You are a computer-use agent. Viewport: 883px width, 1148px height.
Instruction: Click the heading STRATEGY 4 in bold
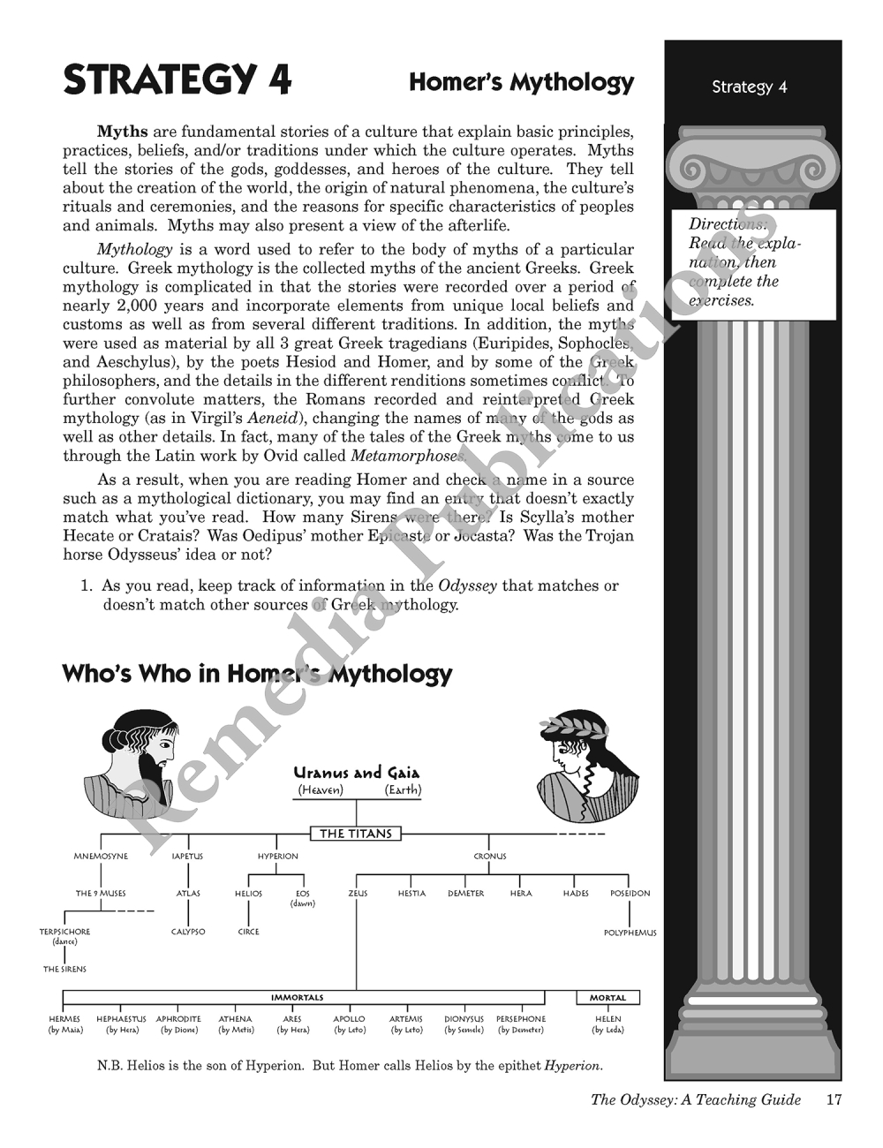pos(177,80)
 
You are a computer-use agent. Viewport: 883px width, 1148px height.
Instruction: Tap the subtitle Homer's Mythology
pos(521,83)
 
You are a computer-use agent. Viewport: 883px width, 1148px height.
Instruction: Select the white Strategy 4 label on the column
pos(749,87)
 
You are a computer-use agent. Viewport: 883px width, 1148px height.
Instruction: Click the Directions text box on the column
pos(753,263)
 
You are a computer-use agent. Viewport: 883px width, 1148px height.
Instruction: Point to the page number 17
pos(834,1099)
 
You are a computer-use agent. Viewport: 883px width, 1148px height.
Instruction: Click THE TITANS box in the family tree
pos(356,833)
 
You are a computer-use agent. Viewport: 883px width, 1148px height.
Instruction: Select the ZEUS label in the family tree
pos(358,894)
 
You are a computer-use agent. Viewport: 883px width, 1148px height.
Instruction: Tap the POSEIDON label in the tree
pos(630,894)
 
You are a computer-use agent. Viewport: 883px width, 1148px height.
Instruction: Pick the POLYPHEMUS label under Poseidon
pos(630,933)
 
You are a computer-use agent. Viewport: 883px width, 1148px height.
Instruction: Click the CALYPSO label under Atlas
pos(188,932)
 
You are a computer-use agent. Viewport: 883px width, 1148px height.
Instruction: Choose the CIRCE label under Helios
pos(248,932)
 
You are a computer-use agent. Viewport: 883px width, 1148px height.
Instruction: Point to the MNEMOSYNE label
pos(101,857)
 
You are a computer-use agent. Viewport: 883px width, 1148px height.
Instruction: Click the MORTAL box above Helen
pos(608,998)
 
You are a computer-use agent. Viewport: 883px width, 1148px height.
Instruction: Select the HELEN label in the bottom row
pos(608,1019)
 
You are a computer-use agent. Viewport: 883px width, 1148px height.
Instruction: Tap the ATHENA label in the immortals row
pos(236,1019)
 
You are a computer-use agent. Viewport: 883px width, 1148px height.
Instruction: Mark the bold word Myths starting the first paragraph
pos(122,132)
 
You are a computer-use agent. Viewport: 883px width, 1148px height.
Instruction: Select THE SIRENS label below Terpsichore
pos(65,970)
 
